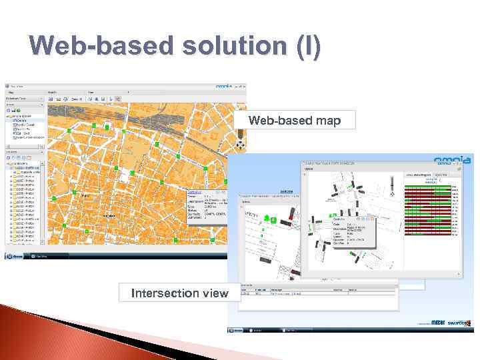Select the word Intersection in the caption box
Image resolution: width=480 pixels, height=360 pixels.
(x=162, y=293)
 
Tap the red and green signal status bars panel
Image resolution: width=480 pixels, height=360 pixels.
(x=432, y=207)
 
